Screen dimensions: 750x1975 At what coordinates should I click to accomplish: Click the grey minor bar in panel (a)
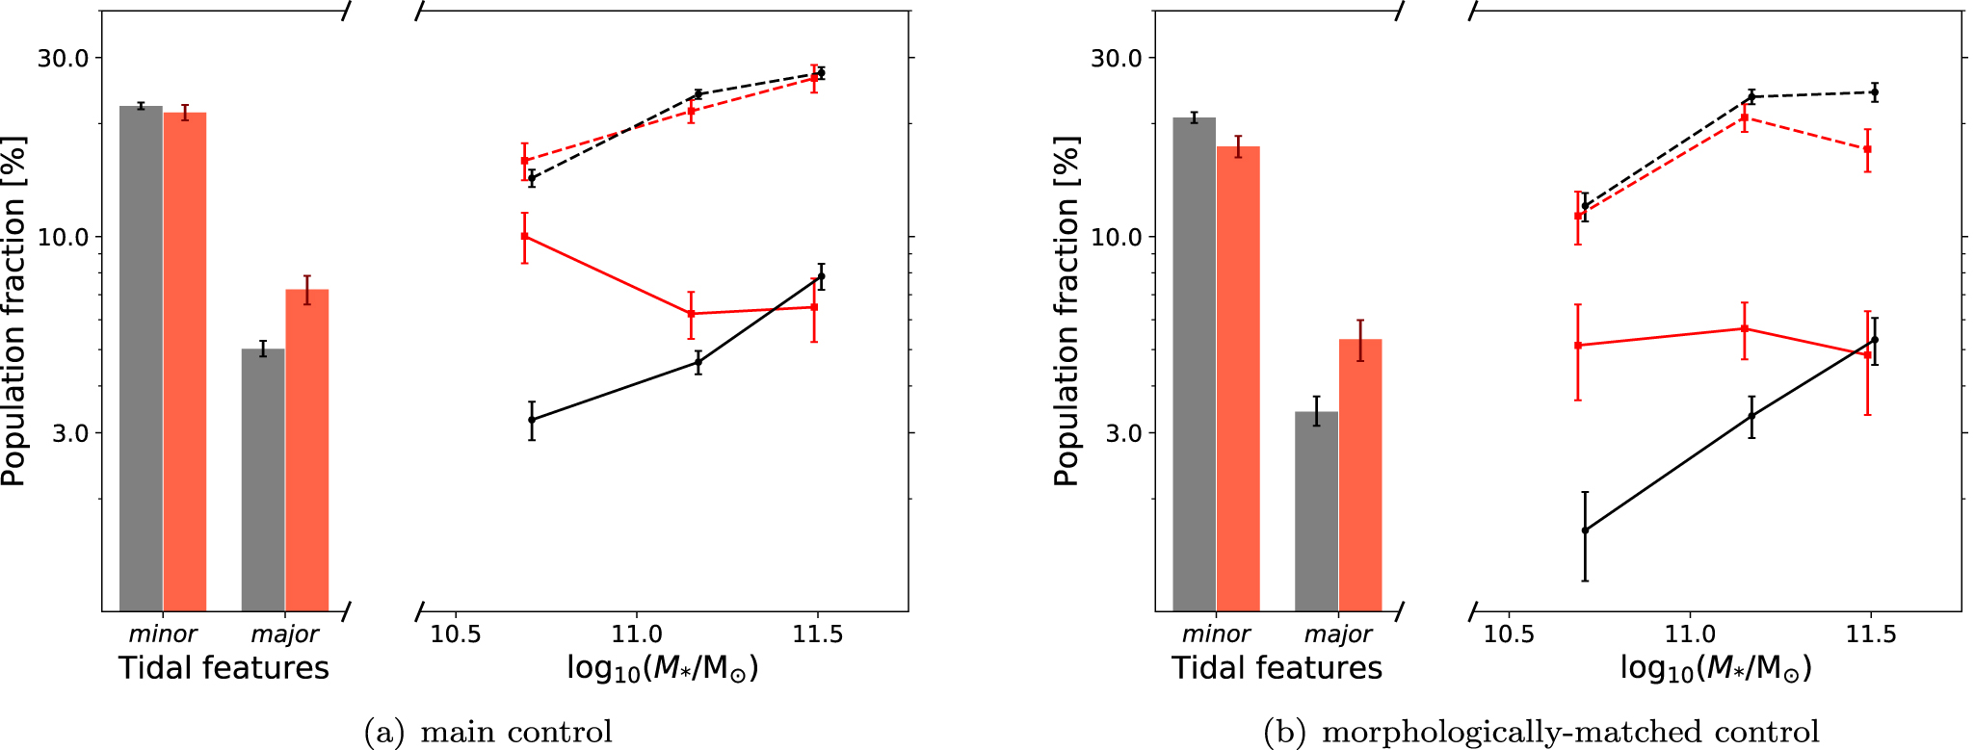click(x=141, y=356)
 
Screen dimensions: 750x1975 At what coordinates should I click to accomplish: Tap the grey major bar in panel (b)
click(x=1316, y=510)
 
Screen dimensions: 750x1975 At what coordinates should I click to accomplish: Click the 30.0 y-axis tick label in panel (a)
click(x=63, y=58)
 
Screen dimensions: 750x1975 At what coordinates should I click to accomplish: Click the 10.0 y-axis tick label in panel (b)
click(x=1116, y=237)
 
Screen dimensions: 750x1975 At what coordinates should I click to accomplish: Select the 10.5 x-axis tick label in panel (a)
click(x=455, y=634)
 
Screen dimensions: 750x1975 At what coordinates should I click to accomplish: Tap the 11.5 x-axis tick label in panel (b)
click(x=1871, y=634)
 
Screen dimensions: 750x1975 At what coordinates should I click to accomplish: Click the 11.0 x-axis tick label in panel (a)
click(x=636, y=634)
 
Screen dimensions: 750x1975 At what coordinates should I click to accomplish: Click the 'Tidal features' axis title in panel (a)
click(x=224, y=668)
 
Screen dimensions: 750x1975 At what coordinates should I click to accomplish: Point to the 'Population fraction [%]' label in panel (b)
click(x=1066, y=311)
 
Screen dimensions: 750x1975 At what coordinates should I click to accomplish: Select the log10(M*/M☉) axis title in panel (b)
click(x=1715, y=668)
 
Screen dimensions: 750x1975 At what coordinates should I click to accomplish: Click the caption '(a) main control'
click(x=488, y=733)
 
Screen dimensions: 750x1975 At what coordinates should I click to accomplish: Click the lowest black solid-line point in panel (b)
click(x=1585, y=530)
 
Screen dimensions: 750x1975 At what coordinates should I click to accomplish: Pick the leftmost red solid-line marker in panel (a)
click(x=525, y=237)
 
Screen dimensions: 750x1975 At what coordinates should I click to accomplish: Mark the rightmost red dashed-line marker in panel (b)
click(x=1867, y=149)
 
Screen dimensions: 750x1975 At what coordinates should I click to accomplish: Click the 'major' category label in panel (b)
click(x=1338, y=634)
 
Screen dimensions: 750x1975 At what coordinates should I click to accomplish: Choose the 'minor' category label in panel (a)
click(x=163, y=634)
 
